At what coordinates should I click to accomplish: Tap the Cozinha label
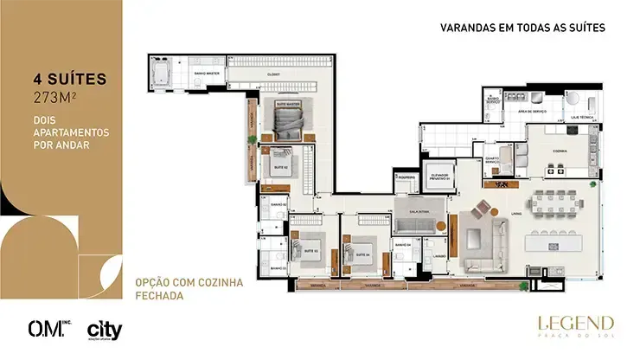(x=554, y=151)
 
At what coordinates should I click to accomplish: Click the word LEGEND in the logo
(x=575, y=322)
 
